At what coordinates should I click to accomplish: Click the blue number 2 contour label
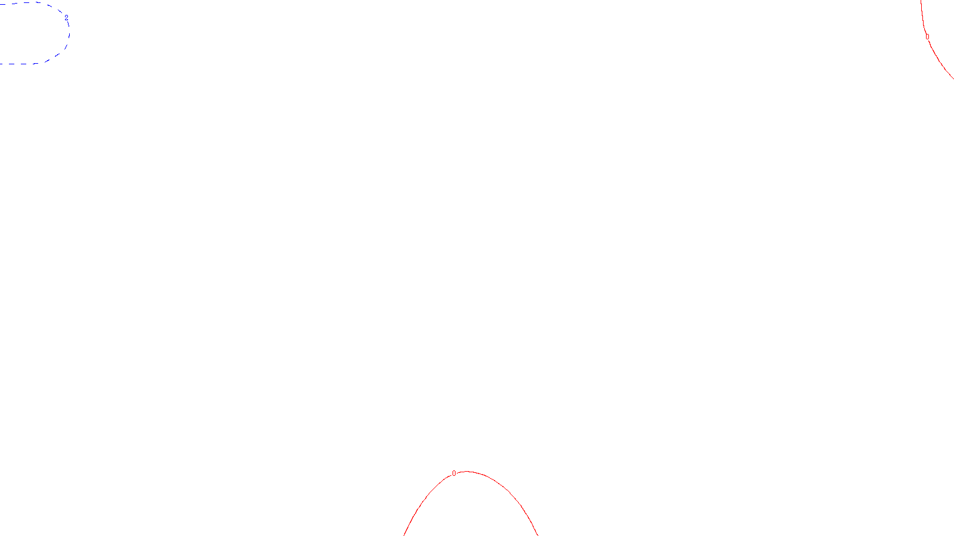tap(66, 18)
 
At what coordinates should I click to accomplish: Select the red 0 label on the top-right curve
tap(927, 37)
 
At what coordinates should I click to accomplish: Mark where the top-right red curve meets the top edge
tap(921, 1)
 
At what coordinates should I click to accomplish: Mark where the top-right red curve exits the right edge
tap(952, 77)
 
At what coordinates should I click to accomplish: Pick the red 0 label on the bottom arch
tap(454, 473)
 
